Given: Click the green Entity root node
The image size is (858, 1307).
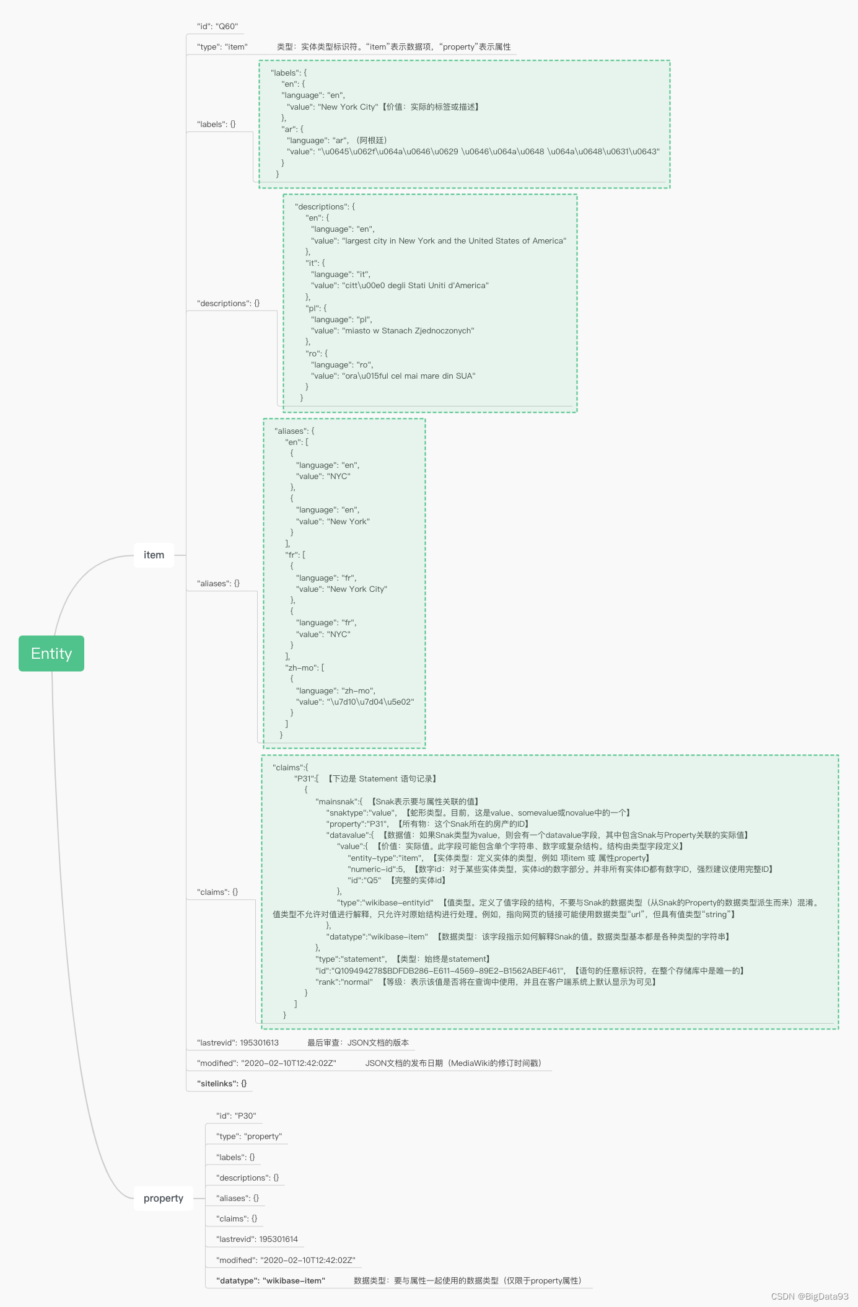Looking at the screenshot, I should [x=51, y=653].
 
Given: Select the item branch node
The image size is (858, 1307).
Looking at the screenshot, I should [x=154, y=555].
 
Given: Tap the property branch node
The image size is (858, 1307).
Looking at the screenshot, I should [x=164, y=1198].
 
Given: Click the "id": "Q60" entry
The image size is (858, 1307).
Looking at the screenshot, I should [x=217, y=27].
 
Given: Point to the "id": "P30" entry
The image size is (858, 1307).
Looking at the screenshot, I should [x=236, y=1116].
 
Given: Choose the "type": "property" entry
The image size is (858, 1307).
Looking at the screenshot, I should [x=249, y=1136].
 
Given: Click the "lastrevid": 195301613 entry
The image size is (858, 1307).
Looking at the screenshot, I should [x=238, y=1042].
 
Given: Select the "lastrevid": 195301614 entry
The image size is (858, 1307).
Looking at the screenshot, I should [x=257, y=1239].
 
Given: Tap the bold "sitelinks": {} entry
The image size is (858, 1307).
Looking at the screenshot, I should [x=222, y=1083].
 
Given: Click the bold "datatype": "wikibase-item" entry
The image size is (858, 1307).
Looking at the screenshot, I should [x=271, y=1280].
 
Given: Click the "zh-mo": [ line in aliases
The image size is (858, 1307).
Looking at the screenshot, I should [x=305, y=667].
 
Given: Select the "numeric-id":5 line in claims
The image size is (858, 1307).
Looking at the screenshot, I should [x=377, y=869].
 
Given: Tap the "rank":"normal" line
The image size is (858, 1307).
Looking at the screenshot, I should [x=344, y=982].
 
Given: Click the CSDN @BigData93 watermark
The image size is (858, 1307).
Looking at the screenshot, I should [x=809, y=1296].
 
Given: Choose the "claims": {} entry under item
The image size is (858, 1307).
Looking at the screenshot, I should [x=217, y=892].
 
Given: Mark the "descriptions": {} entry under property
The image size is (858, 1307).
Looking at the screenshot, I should [x=247, y=1177].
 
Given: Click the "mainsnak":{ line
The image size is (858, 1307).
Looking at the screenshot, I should [x=339, y=801].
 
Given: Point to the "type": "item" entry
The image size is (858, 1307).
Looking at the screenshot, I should [x=222, y=47].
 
